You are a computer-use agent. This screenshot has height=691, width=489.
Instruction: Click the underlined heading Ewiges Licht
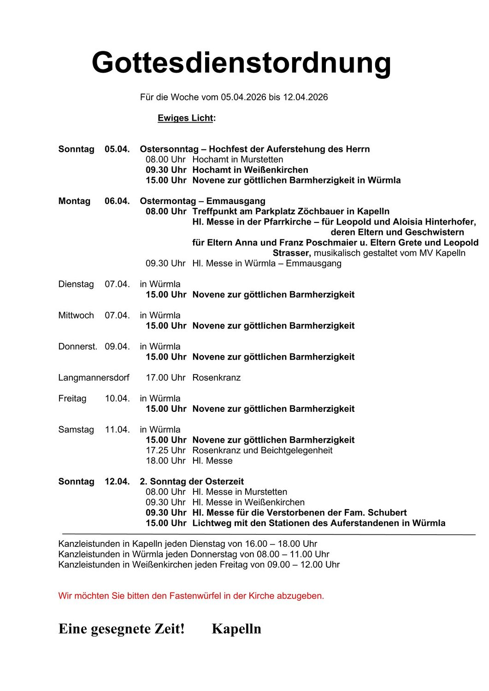coord(186,118)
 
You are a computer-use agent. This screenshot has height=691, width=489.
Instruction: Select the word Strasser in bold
coord(292,253)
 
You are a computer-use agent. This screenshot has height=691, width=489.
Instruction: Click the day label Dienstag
coord(76,284)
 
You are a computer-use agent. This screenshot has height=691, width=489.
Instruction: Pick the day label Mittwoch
coord(76,316)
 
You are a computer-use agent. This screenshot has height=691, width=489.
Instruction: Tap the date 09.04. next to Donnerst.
coord(117,346)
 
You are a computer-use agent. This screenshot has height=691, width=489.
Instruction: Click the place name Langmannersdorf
coord(94,378)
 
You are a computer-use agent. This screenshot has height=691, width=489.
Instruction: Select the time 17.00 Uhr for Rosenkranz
coord(165,378)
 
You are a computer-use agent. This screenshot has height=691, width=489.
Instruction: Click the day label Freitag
coord(72,398)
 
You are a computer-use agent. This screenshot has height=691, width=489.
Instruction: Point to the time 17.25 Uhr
coord(165,451)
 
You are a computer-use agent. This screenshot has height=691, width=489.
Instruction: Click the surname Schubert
coord(387,513)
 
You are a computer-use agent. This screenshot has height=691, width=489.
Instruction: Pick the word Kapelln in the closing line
coord(236,629)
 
